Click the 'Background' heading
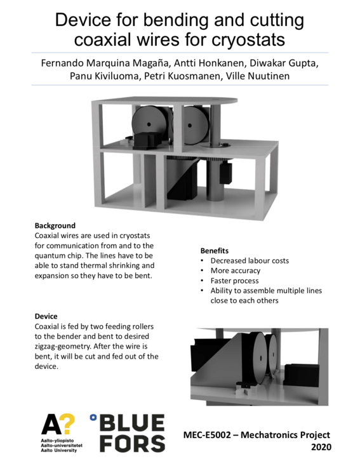[x=55, y=225]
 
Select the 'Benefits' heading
[x=215, y=251]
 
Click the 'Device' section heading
[x=46, y=316]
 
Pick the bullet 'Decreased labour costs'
[x=250, y=261]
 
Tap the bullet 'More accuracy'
[x=235, y=271]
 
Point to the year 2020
[x=320, y=447]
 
